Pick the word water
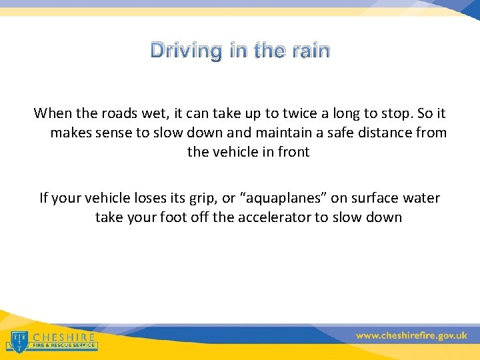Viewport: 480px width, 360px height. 423,197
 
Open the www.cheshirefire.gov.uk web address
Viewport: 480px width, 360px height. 411,336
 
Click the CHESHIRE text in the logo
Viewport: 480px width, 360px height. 64,337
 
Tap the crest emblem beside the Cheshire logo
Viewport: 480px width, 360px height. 19,340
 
